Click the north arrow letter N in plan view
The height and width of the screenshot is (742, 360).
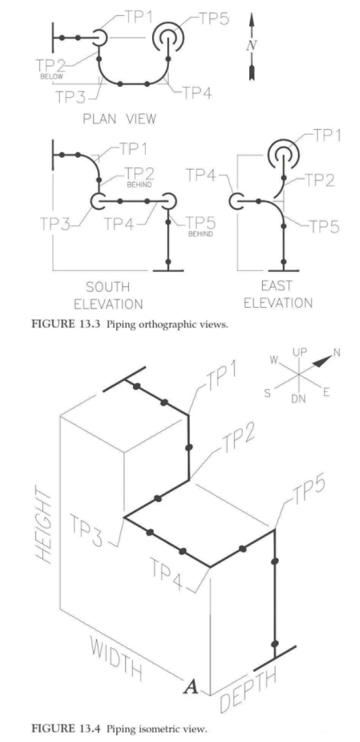click(251, 46)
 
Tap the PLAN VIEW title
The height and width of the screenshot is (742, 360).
click(119, 118)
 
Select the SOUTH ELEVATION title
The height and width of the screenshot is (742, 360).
click(115, 295)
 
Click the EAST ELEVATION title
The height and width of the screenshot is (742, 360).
click(278, 294)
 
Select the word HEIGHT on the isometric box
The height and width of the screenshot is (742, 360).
click(45, 524)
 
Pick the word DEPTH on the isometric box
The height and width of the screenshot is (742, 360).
click(248, 690)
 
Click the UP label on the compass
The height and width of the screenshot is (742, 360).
click(300, 352)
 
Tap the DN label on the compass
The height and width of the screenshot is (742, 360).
click(299, 399)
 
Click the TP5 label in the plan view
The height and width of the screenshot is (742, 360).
click(213, 18)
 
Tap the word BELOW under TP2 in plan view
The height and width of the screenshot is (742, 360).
click(52, 77)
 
